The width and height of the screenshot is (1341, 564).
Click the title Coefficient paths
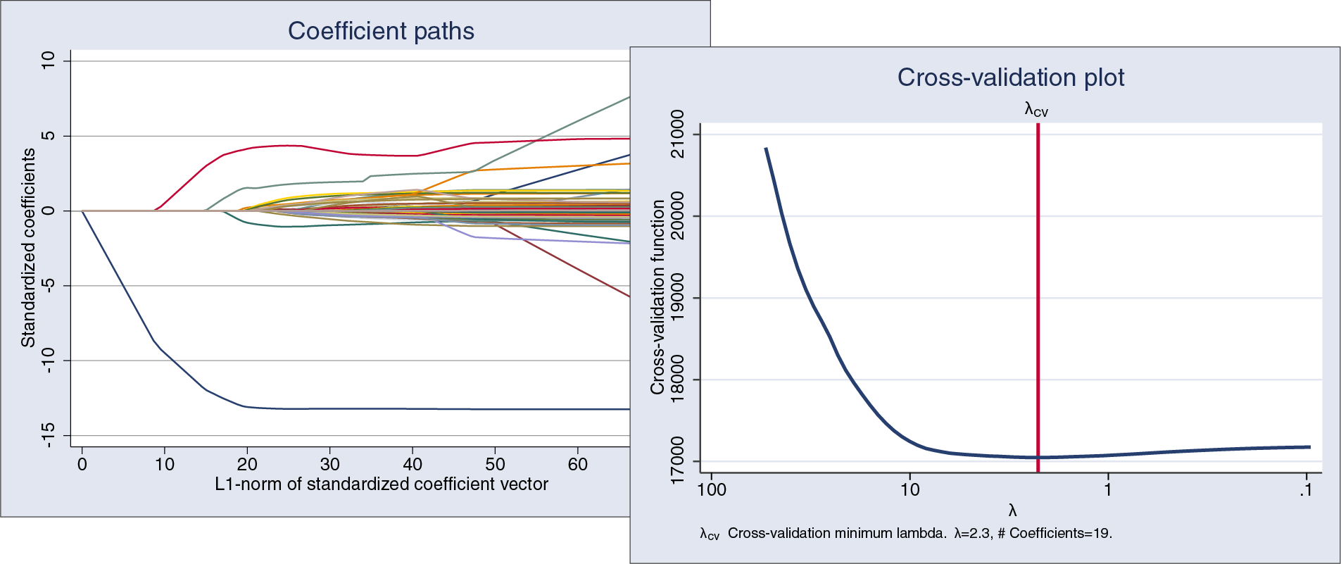coord(381,31)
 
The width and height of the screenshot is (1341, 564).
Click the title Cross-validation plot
coord(1010,77)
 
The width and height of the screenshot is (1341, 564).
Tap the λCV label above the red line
coord(1036,110)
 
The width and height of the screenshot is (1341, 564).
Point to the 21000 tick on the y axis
coord(677,134)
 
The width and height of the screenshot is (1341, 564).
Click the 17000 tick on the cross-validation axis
coord(677,460)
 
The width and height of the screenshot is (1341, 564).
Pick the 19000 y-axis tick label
coord(677,298)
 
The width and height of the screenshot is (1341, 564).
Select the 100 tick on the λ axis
coord(711,490)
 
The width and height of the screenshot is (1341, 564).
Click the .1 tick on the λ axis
coord(1306,490)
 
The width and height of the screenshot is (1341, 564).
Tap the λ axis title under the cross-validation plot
coord(1012,511)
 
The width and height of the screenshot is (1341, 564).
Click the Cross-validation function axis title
coord(657,297)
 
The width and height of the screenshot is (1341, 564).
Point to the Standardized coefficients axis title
coord(28,248)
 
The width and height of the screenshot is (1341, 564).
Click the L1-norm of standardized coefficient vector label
coord(381,484)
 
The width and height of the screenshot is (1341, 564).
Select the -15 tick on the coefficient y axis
coord(48,435)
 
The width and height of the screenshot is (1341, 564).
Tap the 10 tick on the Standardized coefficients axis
coord(48,61)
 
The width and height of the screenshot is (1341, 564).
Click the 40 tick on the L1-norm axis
coord(413,465)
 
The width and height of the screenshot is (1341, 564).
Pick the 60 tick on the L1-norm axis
coord(577,465)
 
